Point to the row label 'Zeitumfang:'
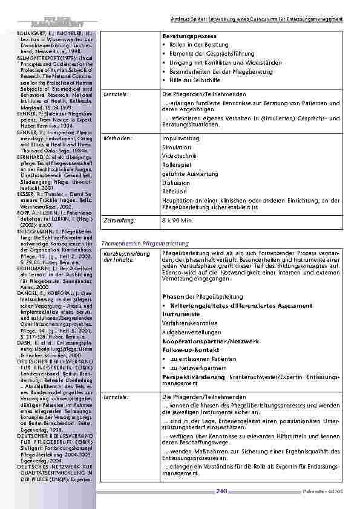coord(119,221)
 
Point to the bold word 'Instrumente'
coord(181,314)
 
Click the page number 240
coord(221,491)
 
